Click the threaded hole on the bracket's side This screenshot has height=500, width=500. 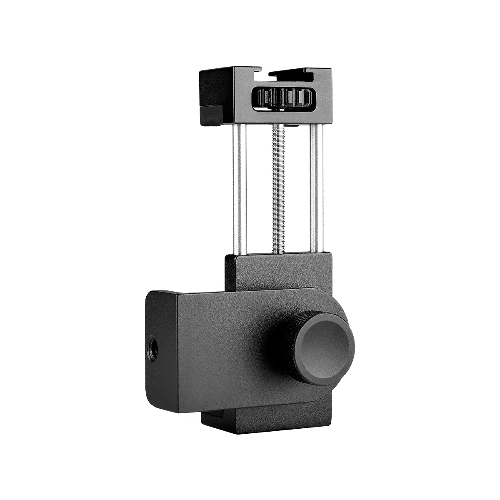[x=153, y=349]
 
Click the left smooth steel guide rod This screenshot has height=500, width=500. [x=240, y=187]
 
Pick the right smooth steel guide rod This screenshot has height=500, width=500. [x=316, y=187]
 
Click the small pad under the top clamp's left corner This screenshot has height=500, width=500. [x=211, y=115]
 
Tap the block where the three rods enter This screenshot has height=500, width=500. [x=278, y=271]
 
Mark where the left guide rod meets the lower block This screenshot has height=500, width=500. [x=240, y=253]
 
